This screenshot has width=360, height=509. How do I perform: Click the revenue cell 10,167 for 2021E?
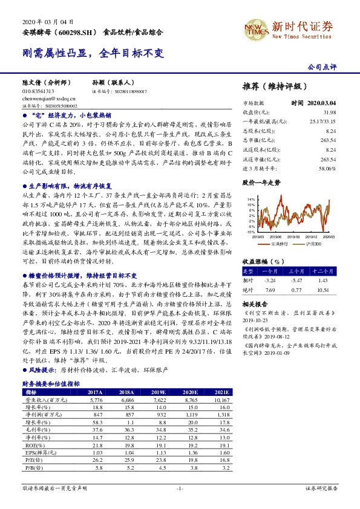click(x=220, y=400)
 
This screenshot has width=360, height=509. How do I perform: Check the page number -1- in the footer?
click(x=180, y=487)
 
